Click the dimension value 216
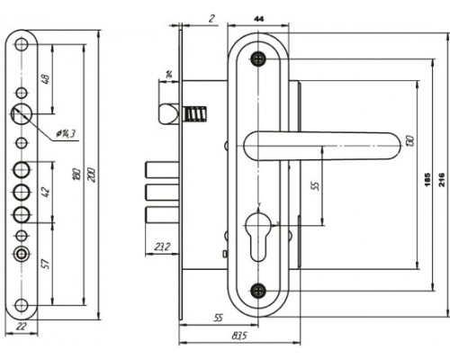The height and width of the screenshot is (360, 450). pos(442,179)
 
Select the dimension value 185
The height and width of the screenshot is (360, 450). pos(427,179)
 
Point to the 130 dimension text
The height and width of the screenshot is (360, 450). pos(410,141)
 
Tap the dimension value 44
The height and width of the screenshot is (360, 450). pos(259,19)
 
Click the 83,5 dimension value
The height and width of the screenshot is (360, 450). pos(239,336)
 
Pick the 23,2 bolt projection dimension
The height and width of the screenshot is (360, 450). pos(162,247)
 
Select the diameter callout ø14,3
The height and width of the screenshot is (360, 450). pos(66,134)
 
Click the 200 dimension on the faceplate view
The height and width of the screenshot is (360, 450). pos(92,175)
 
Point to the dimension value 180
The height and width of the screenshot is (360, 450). pos(76,175)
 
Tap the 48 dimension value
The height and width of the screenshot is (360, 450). pos(47,79)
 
